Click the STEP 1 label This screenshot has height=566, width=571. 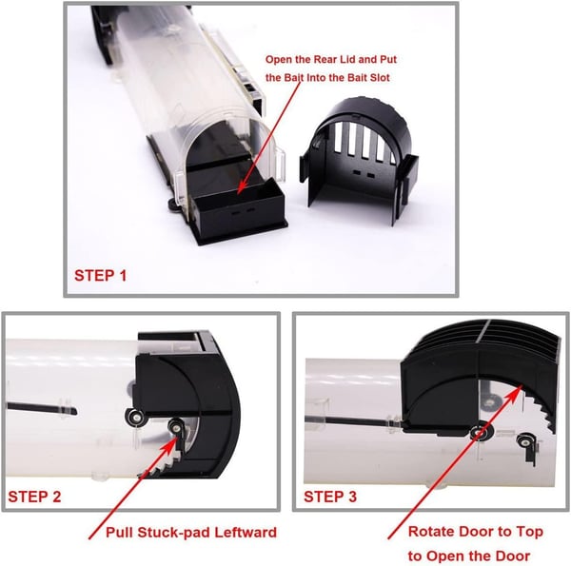(101, 276)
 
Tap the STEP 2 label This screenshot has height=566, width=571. (34, 497)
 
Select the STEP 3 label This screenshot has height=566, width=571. (330, 497)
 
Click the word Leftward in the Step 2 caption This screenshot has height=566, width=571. (246, 533)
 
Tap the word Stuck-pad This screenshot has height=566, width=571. (174, 533)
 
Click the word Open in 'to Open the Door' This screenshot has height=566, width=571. (443, 556)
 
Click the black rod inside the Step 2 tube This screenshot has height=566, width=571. (42, 408)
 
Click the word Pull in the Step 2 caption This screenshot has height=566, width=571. (119, 533)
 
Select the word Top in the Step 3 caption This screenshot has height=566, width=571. (529, 532)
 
